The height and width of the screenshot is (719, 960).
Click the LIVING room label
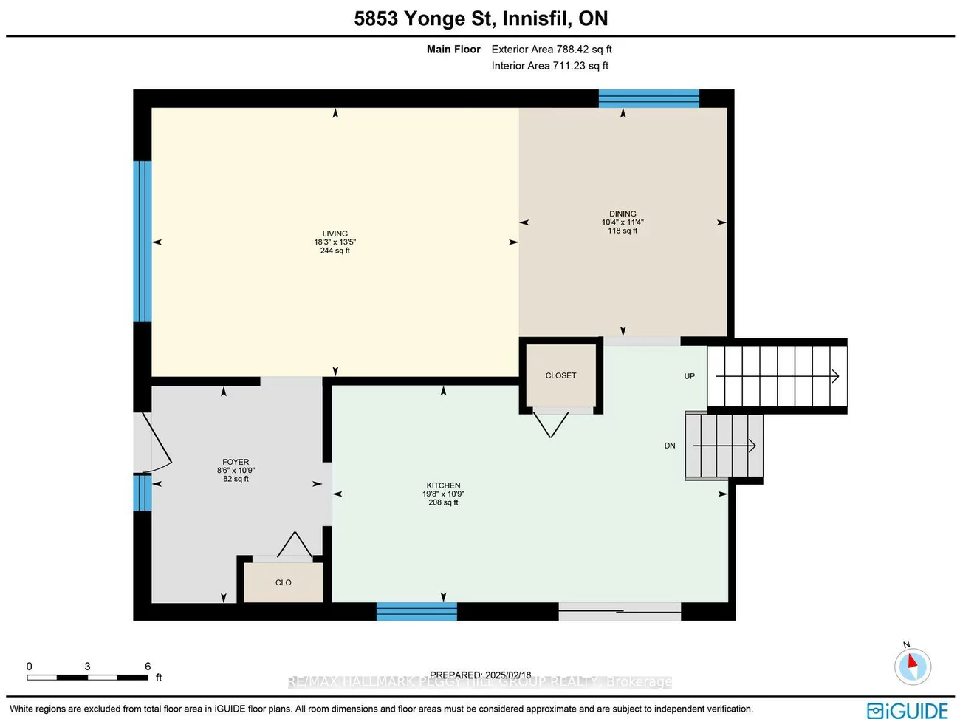tap(335, 234)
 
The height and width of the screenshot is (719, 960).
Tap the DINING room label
tap(623, 214)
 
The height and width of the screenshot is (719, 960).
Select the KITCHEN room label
tap(443, 485)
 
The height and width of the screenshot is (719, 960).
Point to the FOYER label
tap(236, 462)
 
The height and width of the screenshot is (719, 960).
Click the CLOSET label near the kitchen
tap(560, 375)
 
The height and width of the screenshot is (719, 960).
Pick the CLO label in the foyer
tap(284, 582)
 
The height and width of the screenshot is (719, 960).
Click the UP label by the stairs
tap(689, 376)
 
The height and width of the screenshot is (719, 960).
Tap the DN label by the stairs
tap(670, 446)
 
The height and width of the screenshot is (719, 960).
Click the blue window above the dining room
tap(648, 98)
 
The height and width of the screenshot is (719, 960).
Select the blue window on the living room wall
tap(142, 241)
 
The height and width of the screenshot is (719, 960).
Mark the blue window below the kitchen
tap(416, 611)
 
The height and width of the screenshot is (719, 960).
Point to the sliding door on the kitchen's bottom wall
tap(620, 610)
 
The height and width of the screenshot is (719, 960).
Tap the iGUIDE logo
tap(908, 710)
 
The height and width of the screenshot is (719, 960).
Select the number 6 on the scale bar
tap(148, 666)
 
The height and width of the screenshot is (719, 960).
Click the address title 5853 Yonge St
tap(481, 18)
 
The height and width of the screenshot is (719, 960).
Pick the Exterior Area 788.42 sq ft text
tap(552, 50)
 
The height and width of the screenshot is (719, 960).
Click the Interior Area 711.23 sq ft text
tap(550, 66)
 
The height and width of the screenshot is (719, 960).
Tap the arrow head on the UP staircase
tap(835, 376)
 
